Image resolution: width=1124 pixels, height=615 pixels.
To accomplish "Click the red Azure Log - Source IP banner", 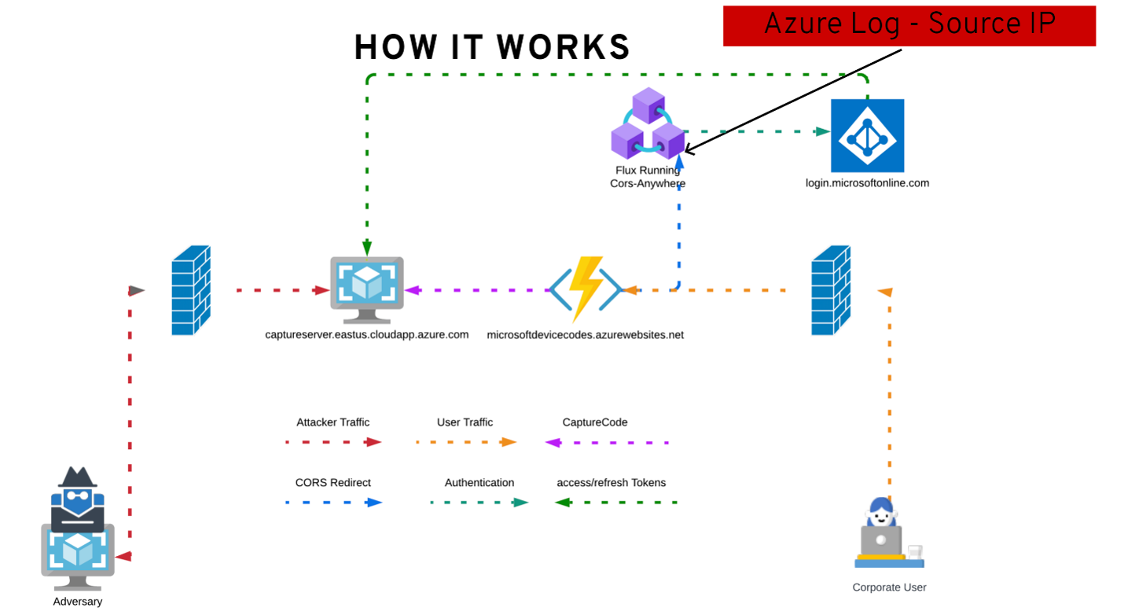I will [909, 25].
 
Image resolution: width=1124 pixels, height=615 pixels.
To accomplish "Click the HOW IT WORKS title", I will [492, 47].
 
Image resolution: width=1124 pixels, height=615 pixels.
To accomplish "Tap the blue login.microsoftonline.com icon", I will [868, 135].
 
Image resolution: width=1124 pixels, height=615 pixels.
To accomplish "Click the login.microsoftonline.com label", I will [868, 183].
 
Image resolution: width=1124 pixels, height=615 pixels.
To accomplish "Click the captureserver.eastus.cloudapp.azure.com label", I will [367, 335].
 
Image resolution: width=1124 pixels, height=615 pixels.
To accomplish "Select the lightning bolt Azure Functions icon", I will [586, 289].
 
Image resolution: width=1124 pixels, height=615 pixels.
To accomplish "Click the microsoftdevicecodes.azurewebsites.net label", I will [586, 335].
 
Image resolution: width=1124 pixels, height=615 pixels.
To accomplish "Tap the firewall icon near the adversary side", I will [191, 290].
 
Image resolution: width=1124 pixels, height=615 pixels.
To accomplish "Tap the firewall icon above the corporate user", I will [831, 290].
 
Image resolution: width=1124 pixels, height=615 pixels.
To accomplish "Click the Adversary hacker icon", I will [77, 531].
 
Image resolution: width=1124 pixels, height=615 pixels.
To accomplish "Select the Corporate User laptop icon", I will [889, 535].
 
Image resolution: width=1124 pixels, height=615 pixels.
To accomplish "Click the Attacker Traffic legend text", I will [333, 422].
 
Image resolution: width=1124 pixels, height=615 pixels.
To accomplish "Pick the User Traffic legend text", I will [465, 422].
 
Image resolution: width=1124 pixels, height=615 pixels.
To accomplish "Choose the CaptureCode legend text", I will [595, 422].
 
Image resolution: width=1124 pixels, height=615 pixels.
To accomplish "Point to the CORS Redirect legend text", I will [333, 483].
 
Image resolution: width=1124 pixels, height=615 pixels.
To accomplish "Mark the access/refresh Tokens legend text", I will [612, 483].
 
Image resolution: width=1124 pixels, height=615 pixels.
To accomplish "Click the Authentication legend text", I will [479, 483].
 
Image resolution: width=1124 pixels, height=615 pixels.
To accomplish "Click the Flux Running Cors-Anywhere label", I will [648, 177].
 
